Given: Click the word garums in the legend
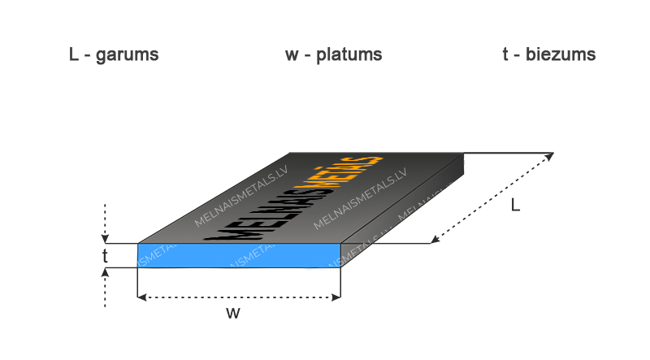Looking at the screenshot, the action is [128, 55].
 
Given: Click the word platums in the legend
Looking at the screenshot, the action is [349, 54].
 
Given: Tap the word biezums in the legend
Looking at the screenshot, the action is [561, 54].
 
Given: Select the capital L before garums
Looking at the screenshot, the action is [74, 54].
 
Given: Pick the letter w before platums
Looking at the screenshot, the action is [292, 55].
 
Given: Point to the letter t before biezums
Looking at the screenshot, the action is [505, 54].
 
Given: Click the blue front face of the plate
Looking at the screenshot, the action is [239, 255].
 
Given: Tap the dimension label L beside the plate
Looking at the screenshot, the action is [515, 205].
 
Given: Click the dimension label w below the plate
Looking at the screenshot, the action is [233, 313].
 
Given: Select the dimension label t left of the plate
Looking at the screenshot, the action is [105, 256].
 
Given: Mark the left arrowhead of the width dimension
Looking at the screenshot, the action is [141, 297].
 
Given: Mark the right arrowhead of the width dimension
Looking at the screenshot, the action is [336, 297].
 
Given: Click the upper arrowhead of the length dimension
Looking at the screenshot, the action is [549, 156].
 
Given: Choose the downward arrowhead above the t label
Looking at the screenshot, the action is [105, 239].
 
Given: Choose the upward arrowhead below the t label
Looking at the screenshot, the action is [105, 272].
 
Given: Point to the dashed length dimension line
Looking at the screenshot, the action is [492, 197].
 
